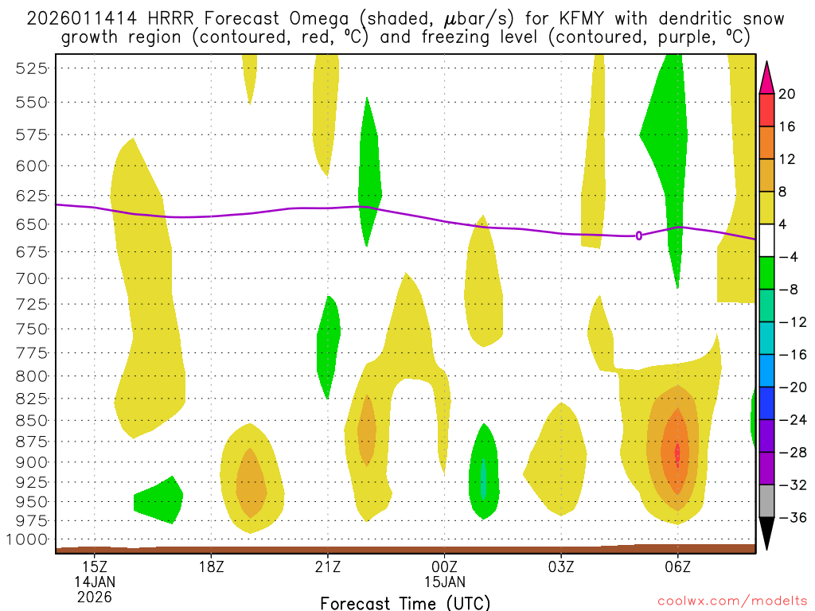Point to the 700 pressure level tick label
click(32, 278)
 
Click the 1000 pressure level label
click(28, 539)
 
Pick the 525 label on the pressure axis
click(32, 68)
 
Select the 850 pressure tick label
click(32, 420)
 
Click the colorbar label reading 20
click(787, 94)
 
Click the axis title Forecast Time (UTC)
click(405, 602)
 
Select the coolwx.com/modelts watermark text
click(730, 601)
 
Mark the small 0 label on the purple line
click(639, 235)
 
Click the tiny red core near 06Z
click(677, 455)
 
